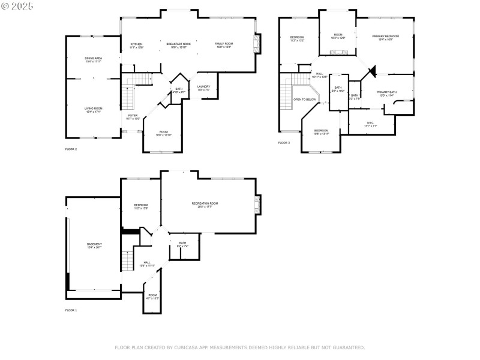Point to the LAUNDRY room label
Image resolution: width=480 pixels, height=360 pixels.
(x=204, y=88)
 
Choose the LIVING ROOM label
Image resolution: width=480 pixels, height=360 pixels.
(x=93, y=110)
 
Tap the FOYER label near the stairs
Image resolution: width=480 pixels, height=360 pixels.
(x=133, y=116)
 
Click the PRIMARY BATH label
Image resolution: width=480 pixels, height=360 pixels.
(x=386, y=93)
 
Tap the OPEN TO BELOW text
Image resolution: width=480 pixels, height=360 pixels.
(x=305, y=100)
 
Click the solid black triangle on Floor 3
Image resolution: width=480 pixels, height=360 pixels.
(x=372, y=71)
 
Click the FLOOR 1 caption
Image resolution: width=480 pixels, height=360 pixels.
(x=71, y=310)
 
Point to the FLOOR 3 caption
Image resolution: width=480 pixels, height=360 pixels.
(x=284, y=143)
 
